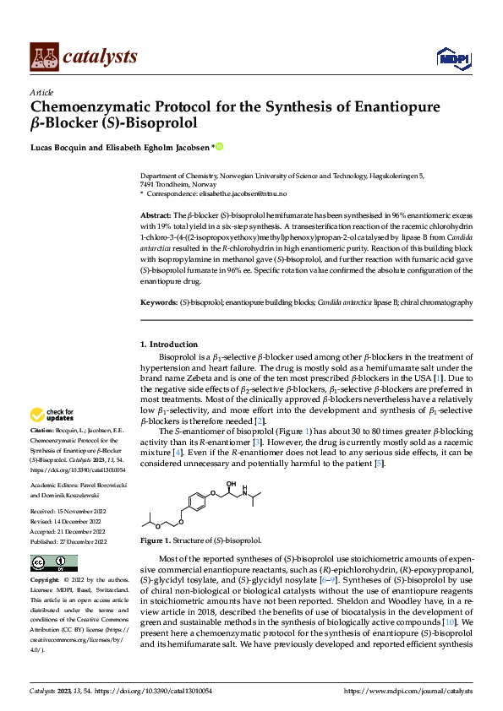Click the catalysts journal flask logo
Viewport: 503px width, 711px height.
point(44,56)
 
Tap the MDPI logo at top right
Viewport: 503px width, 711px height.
point(451,57)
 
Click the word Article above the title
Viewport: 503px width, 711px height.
point(41,91)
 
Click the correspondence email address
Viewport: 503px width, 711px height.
point(262,194)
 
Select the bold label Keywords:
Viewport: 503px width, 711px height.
point(159,301)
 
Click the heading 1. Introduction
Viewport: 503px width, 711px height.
point(169,345)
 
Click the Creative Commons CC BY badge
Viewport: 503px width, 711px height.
point(54,563)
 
